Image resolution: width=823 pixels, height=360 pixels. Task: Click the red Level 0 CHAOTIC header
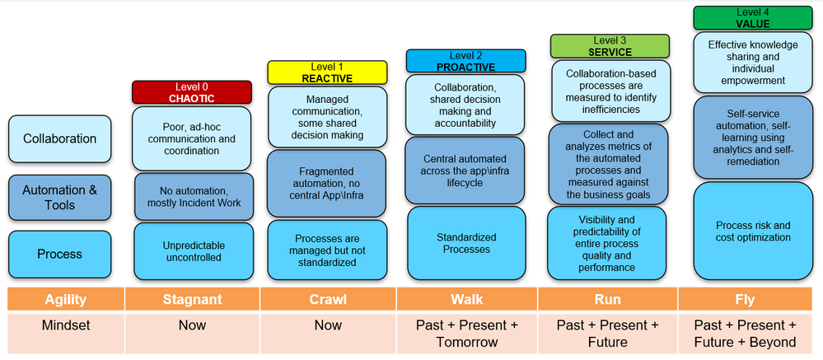coord(192,92)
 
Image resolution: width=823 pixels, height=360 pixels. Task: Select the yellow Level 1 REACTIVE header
coord(328,72)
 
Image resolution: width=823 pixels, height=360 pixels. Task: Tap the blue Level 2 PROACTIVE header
coord(465,61)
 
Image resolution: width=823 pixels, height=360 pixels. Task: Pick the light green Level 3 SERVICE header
coord(610,46)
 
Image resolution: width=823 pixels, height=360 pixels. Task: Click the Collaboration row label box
coord(59,139)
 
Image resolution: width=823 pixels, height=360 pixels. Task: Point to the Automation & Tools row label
coord(59,198)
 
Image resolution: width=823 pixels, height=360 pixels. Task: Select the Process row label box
coord(59,255)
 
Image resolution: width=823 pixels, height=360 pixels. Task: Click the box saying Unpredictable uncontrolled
coord(192,251)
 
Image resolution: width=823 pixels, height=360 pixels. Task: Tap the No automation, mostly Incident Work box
coord(192,196)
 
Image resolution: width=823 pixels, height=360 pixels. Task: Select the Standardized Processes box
coord(465,243)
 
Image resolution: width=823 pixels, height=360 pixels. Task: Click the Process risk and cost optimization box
coord(752,231)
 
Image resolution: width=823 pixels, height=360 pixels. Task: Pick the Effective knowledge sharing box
coord(752,63)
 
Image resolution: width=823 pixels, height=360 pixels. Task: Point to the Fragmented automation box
coord(328,183)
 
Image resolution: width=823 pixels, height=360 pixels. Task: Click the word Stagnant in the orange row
coord(192,300)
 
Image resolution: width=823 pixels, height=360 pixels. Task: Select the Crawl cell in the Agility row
coord(328,300)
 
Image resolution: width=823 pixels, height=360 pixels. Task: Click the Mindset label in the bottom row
coord(65,325)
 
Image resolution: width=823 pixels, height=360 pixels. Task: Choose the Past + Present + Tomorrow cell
coord(466,334)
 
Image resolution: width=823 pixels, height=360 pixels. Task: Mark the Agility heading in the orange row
coord(65,300)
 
